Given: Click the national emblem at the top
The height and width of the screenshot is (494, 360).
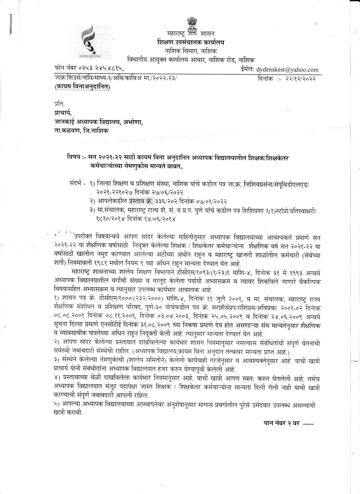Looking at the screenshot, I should pyautogui.click(x=193, y=26).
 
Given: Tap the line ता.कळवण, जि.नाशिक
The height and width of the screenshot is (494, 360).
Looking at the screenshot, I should pyautogui.click(x=81, y=131).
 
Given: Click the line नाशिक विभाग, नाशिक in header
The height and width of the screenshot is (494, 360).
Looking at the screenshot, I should pyautogui.click(x=191, y=51).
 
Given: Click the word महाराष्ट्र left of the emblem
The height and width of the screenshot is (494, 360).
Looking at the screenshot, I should pyautogui.click(x=176, y=34).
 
